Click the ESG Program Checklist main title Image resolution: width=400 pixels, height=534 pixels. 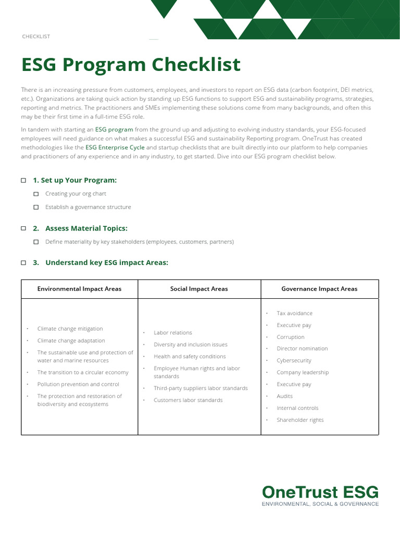point(131,65)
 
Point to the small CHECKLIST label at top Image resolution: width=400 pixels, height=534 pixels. point(36,37)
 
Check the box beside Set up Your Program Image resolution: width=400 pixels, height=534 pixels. point(23,180)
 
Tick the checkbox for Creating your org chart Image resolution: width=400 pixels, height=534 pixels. point(36,194)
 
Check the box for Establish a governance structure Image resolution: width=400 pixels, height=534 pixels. point(36,207)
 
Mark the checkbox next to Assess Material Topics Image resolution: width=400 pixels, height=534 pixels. point(23,228)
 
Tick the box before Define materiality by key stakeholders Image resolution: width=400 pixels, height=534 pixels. point(36,242)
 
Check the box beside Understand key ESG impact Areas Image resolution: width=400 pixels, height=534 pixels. point(23,263)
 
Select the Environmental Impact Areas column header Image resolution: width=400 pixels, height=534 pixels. point(79,289)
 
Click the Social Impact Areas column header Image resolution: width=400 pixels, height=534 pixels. point(199,289)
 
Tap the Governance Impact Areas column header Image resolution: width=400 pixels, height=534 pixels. point(319,289)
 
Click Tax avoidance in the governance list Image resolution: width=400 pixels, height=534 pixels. point(294,313)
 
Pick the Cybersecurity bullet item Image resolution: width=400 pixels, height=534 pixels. point(294,360)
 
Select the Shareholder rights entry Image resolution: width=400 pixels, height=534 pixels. point(300,420)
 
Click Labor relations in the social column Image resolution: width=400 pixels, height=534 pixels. point(173,333)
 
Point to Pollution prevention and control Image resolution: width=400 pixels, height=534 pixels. point(78,384)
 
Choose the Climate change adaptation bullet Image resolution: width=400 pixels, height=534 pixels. point(71,341)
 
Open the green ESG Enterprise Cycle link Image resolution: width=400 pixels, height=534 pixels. point(115,148)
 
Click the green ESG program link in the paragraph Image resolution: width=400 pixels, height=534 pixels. point(114,129)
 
